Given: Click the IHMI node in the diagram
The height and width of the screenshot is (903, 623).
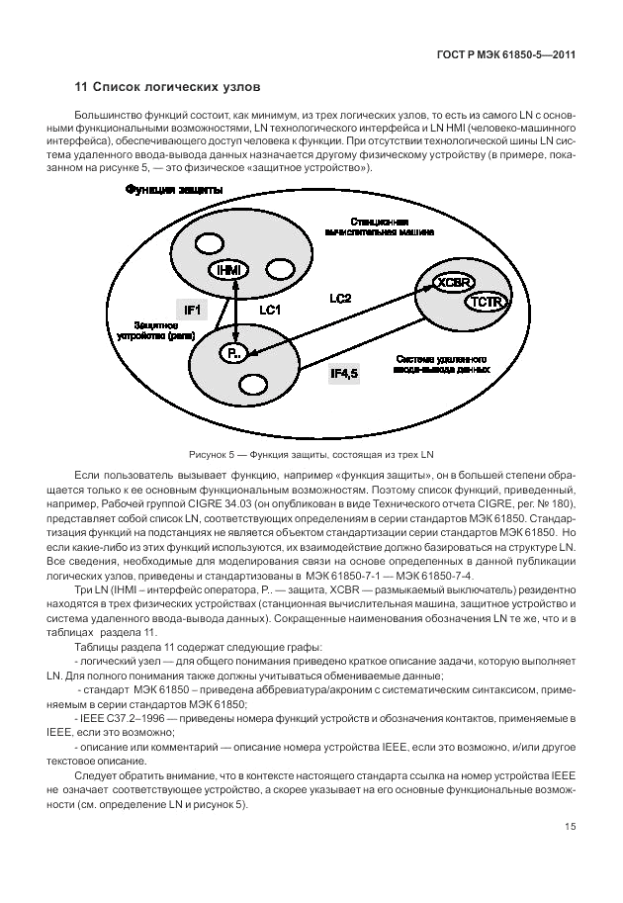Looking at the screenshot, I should (226, 270).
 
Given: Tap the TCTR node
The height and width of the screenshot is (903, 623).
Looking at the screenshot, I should (486, 301).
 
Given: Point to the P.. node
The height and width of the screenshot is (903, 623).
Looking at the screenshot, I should (234, 354).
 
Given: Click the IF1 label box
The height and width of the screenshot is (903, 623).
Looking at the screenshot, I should (193, 311).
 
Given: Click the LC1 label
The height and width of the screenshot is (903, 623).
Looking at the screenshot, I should (271, 311).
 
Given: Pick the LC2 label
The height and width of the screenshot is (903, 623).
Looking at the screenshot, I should (339, 297).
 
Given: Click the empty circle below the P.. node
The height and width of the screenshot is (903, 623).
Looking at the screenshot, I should (253, 384).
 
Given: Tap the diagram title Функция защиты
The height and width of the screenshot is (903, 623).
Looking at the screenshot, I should (174, 190).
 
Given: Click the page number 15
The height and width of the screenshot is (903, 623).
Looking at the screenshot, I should (571, 827).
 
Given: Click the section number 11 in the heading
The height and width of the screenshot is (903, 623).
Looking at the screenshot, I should (82, 90).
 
